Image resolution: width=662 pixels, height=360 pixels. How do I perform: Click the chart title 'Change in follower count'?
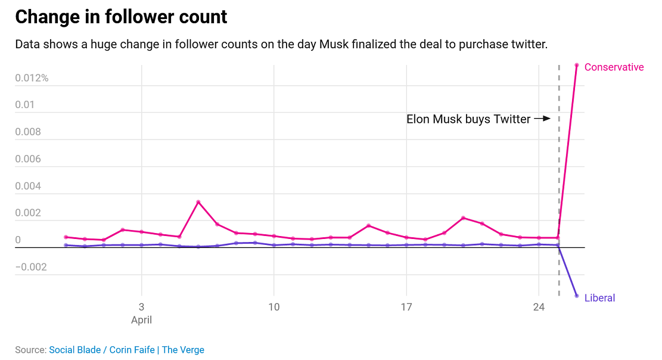pyautogui.click(x=121, y=17)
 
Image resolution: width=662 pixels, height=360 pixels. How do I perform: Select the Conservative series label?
pyautogui.click(x=614, y=67)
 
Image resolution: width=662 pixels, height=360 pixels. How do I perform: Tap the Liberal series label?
pyautogui.click(x=599, y=298)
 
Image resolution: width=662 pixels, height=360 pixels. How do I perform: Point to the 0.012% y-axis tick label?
pyautogui.click(x=32, y=78)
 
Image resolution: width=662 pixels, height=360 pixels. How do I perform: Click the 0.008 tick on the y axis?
pyautogui.click(x=28, y=132)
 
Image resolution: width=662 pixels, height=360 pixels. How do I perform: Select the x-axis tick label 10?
pyautogui.click(x=273, y=308)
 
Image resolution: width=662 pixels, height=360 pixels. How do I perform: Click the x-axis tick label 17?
pyautogui.click(x=406, y=308)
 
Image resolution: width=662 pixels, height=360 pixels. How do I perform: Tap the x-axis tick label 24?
pyautogui.click(x=539, y=308)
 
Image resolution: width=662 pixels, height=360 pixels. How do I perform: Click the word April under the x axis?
pyautogui.click(x=141, y=320)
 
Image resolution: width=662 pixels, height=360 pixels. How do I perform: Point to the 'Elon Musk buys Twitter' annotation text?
pyautogui.click(x=468, y=119)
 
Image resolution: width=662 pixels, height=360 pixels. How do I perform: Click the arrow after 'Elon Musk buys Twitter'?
pyautogui.click(x=542, y=119)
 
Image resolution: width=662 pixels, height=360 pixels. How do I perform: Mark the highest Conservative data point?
pyautogui.click(x=576, y=65)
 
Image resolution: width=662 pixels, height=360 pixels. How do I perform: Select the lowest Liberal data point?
pyautogui.click(x=576, y=296)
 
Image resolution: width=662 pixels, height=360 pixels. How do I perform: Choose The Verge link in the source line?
pyautogui.click(x=183, y=350)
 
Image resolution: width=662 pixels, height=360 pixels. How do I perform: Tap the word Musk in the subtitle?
pyautogui.click(x=334, y=45)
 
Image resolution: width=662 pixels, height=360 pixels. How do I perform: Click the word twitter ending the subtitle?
pyautogui.click(x=527, y=45)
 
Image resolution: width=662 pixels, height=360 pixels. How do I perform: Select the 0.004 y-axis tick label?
pyautogui.click(x=28, y=186)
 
